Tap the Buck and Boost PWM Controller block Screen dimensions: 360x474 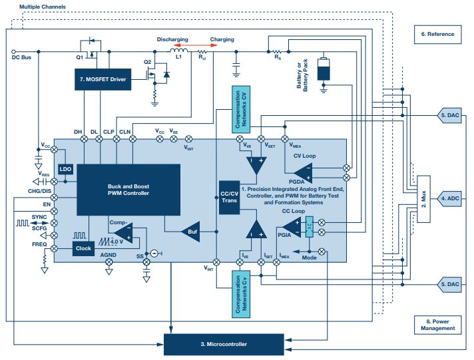coord(128,189)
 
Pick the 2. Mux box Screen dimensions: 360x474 coord(421,198)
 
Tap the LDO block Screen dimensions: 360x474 coord(65,170)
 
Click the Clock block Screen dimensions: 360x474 coord(83,248)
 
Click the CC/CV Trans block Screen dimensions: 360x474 coord(229,196)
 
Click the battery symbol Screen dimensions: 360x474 coord(324,69)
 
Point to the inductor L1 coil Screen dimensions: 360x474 coord(177,51)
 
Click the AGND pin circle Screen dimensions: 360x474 coord(110,262)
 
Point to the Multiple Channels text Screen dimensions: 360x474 coord(42,6)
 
